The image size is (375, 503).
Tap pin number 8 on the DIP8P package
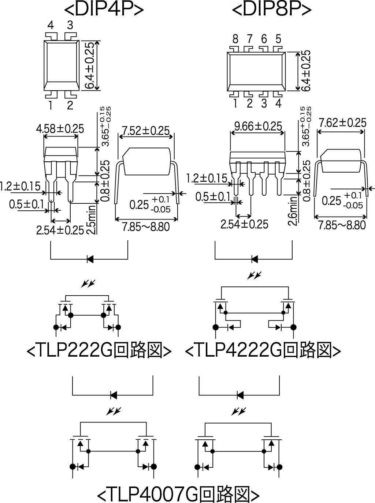click(x=235, y=39)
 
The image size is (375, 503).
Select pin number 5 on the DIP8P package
click(x=279, y=39)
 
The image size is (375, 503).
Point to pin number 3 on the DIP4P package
click(x=70, y=25)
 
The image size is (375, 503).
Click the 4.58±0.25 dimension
click(x=60, y=129)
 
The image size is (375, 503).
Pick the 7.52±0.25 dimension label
click(x=146, y=131)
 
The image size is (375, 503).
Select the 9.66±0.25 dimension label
click(x=258, y=126)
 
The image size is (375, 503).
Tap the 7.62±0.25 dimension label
click(x=342, y=123)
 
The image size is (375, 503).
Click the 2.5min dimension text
click(x=92, y=219)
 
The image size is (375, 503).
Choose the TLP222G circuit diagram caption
click(x=99, y=350)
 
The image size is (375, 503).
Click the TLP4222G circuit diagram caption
click(x=263, y=350)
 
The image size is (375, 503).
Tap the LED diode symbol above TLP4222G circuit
click(x=255, y=259)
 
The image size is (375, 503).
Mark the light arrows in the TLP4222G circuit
click(x=254, y=275)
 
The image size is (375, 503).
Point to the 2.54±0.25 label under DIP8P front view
click(x=245, y=224)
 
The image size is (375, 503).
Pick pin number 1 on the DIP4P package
click(x=51, y=105)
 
